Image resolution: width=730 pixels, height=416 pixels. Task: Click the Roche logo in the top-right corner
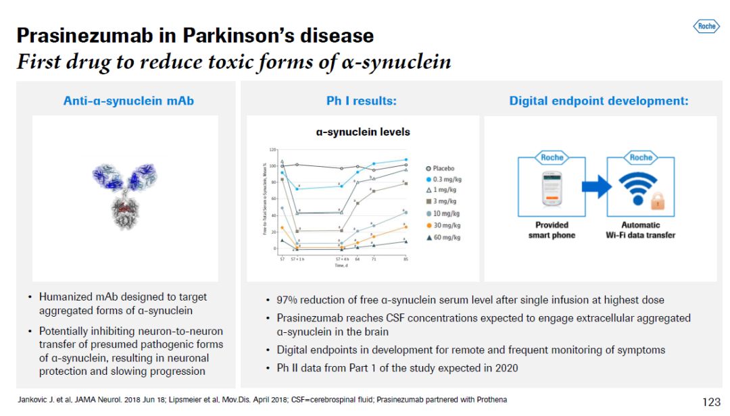pos(706,26)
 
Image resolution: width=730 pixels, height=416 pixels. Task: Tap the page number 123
pos(711,402)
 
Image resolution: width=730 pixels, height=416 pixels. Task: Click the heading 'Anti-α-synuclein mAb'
pos(128,101)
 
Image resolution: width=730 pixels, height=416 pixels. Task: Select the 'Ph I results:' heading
pos(361,101)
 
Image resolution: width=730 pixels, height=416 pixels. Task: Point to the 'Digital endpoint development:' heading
pos(599,101)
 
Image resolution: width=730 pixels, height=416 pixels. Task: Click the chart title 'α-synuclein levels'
pos(363,132)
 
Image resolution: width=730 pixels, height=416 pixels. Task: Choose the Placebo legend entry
pos(440,168)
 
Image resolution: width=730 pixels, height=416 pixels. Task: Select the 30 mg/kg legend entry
pos(443,226)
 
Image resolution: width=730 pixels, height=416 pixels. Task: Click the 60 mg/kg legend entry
pos(443,237)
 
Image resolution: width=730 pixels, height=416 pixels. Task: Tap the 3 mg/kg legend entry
pos(441,202)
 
